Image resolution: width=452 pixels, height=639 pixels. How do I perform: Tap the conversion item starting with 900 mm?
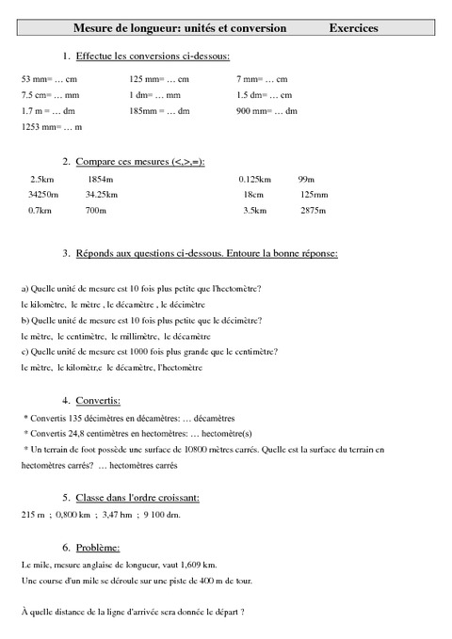tap(266, 111)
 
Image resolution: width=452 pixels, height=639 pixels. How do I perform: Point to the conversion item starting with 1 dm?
tap(154, 95)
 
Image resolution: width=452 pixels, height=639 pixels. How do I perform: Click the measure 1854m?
tap(99, 178)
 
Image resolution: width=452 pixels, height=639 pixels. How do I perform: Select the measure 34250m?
tap(43, 194)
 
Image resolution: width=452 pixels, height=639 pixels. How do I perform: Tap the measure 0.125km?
tap(254, 178)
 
